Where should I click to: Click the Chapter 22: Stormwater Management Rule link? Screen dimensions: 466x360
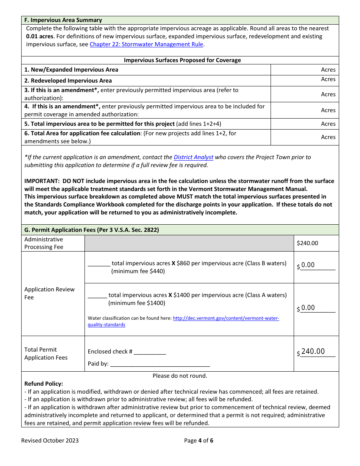pyautogui.click(x=146, y=44)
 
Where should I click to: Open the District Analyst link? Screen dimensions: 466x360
pyautogui.click(x=193, y=157)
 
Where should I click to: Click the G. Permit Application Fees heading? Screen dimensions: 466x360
pyautogui.click(x=91, y=230)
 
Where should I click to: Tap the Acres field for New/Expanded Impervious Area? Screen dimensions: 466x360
pyautogui.click(x=304, y=70)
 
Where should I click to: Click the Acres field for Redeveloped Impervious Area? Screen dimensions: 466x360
pyautogui.click(x=304, y=80)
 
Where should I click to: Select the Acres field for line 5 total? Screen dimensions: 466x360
pyautogui.click(x=304, y=124)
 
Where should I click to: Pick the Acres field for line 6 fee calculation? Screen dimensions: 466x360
pyautogui.click(x=304, y=137)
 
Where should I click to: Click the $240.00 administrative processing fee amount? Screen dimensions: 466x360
pyautogui.click(x=307, y=243)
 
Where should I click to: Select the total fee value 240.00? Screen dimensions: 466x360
pyautogui.click(x=313, y=352)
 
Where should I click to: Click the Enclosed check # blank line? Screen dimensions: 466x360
pyautogui.click(x=150, y=352)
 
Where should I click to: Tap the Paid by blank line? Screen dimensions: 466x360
pyautogui.click(x=160, y=364)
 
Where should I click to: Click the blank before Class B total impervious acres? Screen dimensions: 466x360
pyautogui.click(x=99, y=263)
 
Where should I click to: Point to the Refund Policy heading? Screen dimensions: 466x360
pyautogui.click(x=44, y=384)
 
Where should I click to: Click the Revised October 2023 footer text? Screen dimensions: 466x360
pyautogui.click(x=50, y=440)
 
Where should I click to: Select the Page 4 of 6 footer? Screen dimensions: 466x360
pyautogui.click(x=199, y=440)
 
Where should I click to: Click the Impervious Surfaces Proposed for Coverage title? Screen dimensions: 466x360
pyautogui.click(x=182, y=60)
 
